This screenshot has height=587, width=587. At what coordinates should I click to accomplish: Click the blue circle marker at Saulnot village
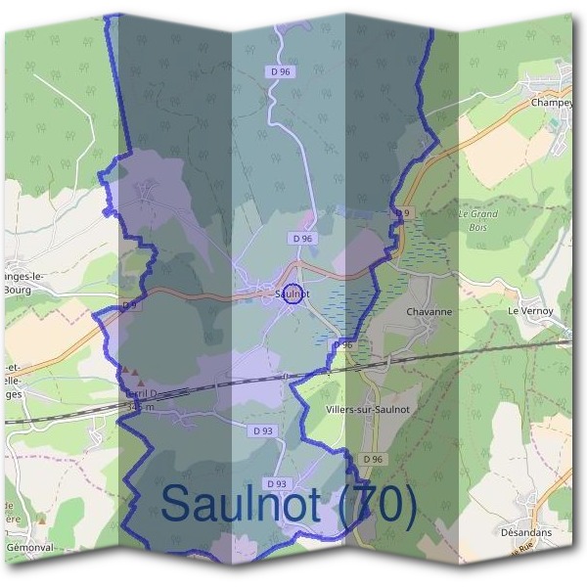coord(292,294)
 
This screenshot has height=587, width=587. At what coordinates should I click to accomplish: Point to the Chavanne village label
coord(429,312)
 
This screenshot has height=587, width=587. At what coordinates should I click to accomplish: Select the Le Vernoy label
coord(530,311)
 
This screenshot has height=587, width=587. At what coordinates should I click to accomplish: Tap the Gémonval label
coord(28,548)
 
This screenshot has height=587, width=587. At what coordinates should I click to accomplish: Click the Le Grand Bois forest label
coord(477,219)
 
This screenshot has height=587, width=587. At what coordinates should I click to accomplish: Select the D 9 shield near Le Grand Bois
coord(402,212)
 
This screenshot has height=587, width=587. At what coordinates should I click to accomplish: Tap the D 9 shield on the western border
coord(130,306)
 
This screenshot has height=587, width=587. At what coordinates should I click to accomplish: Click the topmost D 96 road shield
coord(280,71)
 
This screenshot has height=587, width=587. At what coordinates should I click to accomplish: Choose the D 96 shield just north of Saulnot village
coord(301,238)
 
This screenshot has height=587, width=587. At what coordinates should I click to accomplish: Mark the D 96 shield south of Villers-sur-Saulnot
coord(372,459)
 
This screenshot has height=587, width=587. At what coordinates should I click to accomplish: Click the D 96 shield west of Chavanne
coord(342,345)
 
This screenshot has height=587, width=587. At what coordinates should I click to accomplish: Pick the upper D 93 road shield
coord(262,430)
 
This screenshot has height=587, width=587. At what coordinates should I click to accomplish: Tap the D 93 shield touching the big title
coord(277,483)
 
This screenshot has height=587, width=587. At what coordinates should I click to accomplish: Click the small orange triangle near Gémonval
coord(40,519)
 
